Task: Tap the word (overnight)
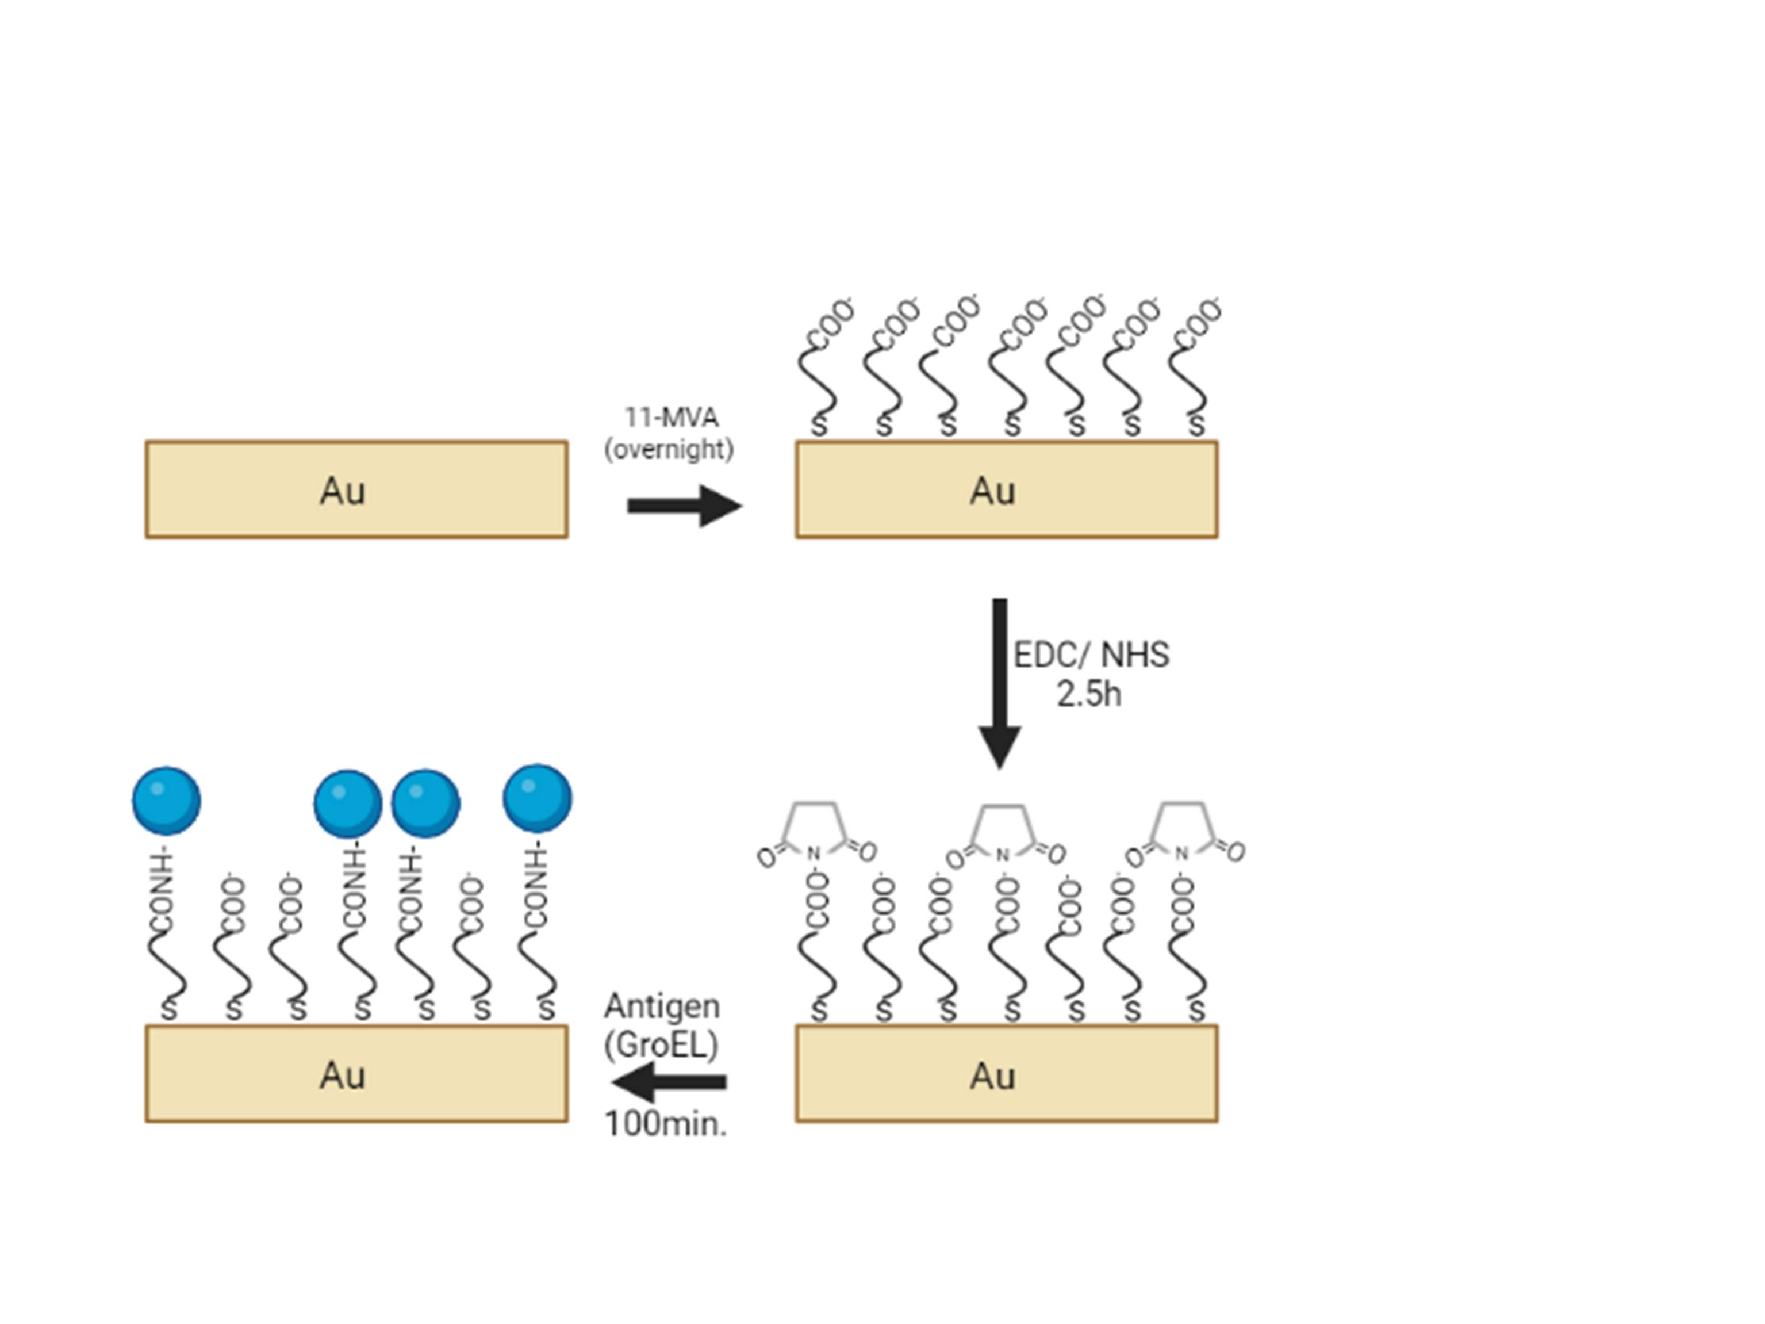669,449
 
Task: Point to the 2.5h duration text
1088,694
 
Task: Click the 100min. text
665,1124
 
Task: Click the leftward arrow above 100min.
669,1082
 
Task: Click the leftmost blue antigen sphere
167,801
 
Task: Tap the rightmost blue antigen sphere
537,798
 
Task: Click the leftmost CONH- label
162,891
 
